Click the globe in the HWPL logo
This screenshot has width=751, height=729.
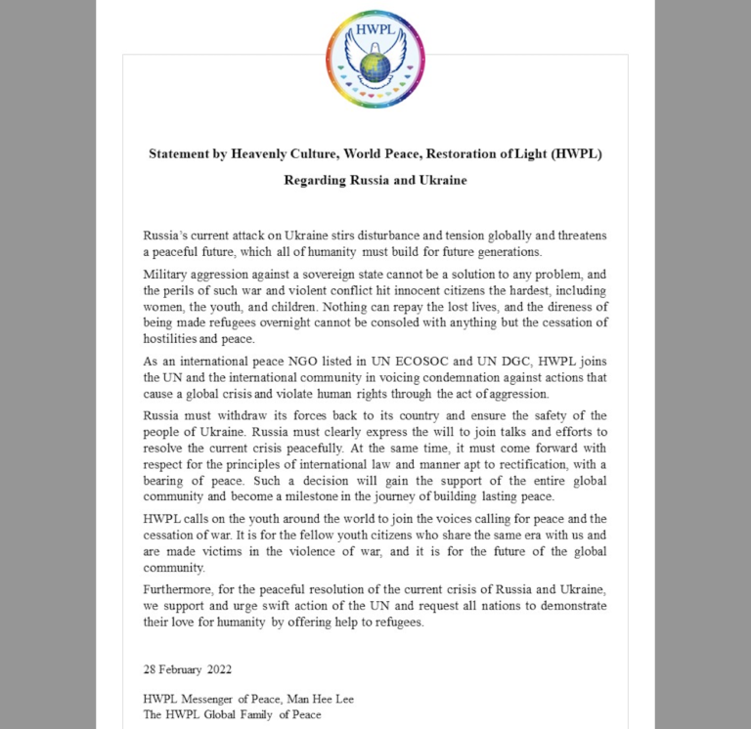pyautogui.click(x=374, y=66)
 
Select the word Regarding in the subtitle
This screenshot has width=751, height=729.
pyautogui.click(x=315, y=180)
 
